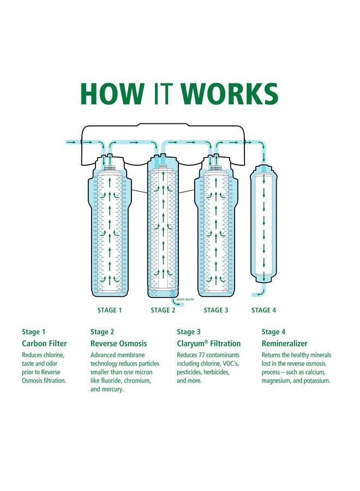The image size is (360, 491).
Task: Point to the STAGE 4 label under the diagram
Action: (x=263, y=310)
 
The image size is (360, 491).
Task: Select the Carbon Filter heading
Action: (x=44, y=344)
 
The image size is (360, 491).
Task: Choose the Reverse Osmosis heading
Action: (x=118, y=344)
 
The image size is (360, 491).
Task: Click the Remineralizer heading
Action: (x=284, y=344)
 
